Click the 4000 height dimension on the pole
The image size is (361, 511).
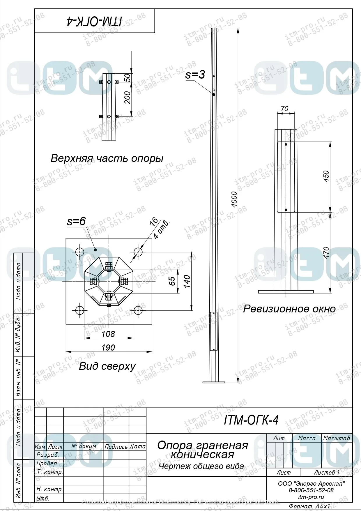tap(234, 199)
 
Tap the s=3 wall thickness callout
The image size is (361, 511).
tap(195, 75)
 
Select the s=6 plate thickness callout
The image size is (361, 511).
tap(76, 221)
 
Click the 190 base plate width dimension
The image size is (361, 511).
tap(108, 347)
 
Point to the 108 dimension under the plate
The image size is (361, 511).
tap(108, 334)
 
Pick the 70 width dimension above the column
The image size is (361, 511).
tap(284, 109)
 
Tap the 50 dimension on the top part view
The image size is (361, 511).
tap(128, 77)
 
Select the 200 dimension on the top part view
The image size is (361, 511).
tap(128, 98)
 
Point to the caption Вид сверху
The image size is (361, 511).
tap(107, 366)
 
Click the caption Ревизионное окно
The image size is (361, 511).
tap(289, 309)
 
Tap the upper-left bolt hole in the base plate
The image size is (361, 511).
tap(80, 252)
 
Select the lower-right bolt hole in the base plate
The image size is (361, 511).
tap(138, 310)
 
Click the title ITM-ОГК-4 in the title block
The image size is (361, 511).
tap(251, 420)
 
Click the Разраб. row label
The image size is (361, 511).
tap(48, 455)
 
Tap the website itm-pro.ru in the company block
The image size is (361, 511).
tap(311, 497)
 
